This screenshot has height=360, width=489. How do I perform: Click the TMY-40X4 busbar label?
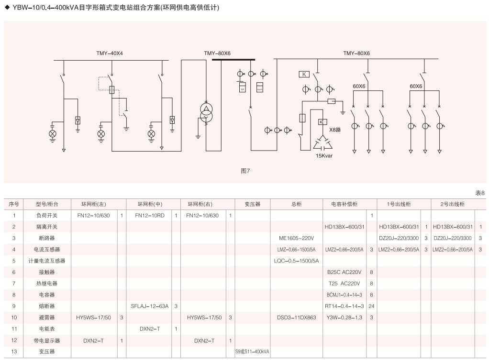(x=110, y=54)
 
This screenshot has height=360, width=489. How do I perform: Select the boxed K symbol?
(x=304, y=74)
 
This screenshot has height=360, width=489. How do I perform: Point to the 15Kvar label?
(x=324, y=155)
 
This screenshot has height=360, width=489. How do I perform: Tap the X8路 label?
(x=335, y=130)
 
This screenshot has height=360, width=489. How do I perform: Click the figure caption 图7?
(x=245, y=171)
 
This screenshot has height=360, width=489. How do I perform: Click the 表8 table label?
(x=480, y=193)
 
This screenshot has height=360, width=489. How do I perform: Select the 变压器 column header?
(x=252, y=204)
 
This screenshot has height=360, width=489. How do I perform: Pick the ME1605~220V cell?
(x=296, y=238)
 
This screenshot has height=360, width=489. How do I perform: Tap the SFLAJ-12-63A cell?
(x=149, y=306)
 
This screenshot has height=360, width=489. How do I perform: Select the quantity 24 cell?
(x=371, y=306)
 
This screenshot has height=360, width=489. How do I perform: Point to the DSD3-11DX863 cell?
(x=296, y=317)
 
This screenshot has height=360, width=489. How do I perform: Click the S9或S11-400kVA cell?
(x=252, y=351)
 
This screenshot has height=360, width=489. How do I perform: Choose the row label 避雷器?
(x=47, y=317)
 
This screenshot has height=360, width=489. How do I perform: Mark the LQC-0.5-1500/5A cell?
(x=296, y=261)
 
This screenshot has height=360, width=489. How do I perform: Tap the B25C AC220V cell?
(x=344, y=272)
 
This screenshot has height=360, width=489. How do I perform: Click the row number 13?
(x=14, y=351)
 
